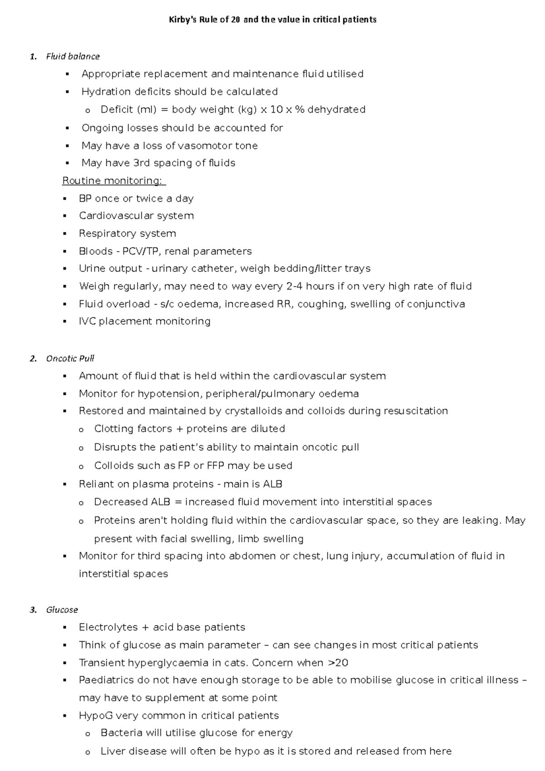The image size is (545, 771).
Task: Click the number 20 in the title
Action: click(236, 20)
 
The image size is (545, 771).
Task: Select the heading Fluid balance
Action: click(73, 56)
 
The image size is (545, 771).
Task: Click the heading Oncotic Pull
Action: click(70, 358)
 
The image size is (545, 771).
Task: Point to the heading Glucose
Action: click(62, 610)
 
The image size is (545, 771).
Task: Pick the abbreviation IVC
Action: click(87, 321)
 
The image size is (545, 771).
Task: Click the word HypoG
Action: click(95, 716)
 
